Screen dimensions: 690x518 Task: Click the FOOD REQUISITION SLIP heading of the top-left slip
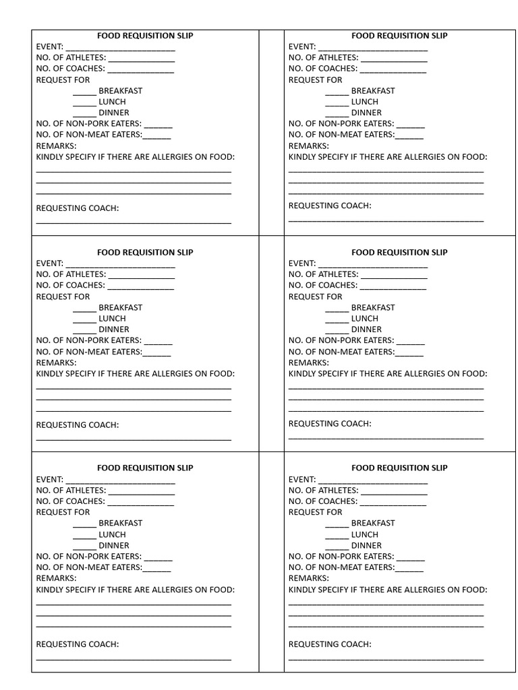tap(145, 36)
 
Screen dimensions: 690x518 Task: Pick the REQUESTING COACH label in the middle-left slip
tap(78, 425)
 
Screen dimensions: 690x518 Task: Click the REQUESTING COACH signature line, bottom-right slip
tap(386, 658)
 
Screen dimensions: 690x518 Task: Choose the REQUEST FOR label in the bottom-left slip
tap(63, 512)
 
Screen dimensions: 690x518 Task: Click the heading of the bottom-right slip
tap(399, 468)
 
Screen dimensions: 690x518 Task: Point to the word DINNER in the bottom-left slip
tap(114, 545)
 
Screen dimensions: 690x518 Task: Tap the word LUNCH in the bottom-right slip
tap(365, 534)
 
